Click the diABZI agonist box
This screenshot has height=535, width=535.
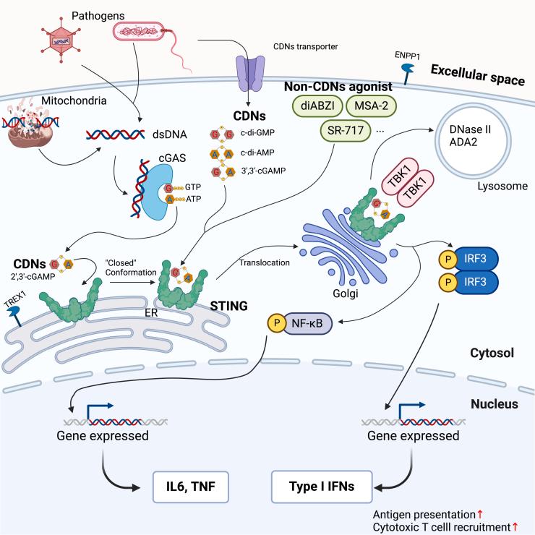pos(316,107)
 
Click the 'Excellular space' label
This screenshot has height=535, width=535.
pos(478,74)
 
